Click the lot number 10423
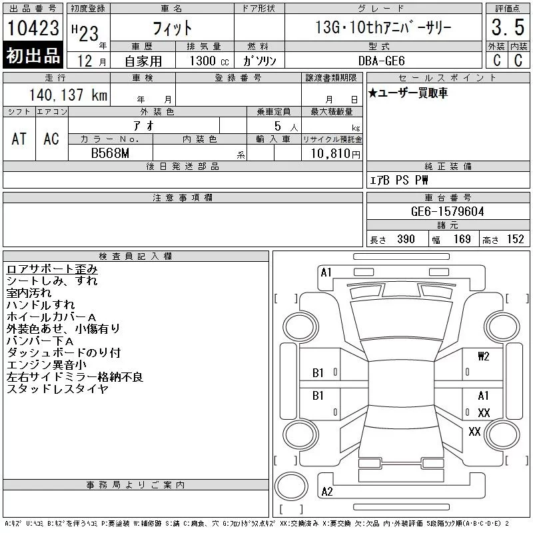coord(33,28)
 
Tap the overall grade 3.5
coord(508,27)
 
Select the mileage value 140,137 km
coord(68,95)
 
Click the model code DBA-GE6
coord(381,61)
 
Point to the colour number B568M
coord(110,153)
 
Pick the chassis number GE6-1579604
coord(447,211)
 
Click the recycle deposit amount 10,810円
coord(336,154)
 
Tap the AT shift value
coord(19,139)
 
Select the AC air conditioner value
coord(51,139)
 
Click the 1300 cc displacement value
coord(209,61)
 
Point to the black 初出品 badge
coord(33,55)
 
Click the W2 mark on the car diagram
coord(483,356)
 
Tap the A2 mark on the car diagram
coord(327,492)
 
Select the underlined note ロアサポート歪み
coord(52,269)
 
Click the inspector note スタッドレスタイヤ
coord(57,388)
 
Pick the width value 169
coord(462,239)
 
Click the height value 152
coord(515,239)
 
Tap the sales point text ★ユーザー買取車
coord(408,93)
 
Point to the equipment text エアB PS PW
coord(398,180)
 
